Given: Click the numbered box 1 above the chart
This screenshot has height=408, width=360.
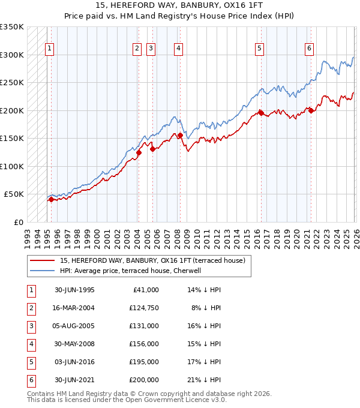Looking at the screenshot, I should pos(49,49).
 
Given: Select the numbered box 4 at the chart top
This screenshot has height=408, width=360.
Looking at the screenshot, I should pos(179,49).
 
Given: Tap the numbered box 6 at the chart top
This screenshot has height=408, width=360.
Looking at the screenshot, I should pos(309,49).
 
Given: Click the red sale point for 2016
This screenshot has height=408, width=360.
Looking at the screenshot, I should pos(261,112).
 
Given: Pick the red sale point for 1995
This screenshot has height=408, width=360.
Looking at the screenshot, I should pos(51,200).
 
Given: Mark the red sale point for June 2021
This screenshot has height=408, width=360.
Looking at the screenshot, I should pos(311,110).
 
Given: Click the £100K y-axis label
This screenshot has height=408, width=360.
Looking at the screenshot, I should pos(12,166).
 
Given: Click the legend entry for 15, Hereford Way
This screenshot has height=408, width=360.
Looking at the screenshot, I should pos(152,260).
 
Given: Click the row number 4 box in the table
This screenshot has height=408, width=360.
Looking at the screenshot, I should pos(30,344).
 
